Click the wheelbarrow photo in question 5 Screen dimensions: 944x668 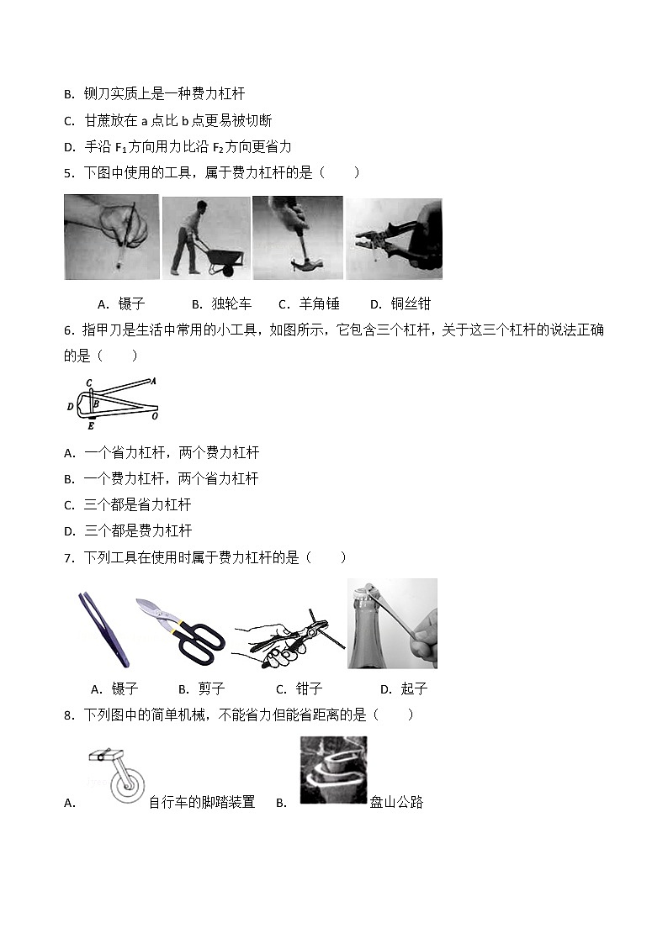tap(206, 238)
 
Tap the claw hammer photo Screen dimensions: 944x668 tap(297, 238)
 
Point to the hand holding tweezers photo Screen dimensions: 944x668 tap(112, 237)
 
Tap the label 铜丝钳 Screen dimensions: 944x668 tap(411, 304)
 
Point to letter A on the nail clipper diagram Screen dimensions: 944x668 tap(153, 381)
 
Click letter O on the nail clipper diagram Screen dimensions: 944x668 tap(156, 415)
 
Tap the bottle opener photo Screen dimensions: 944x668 tap(392, 623)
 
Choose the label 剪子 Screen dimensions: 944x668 tap(212, 689)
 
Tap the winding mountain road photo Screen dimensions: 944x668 tap(333, 770)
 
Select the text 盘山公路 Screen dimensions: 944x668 tap(396, 802)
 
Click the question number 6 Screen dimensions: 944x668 tap(68, 330)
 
